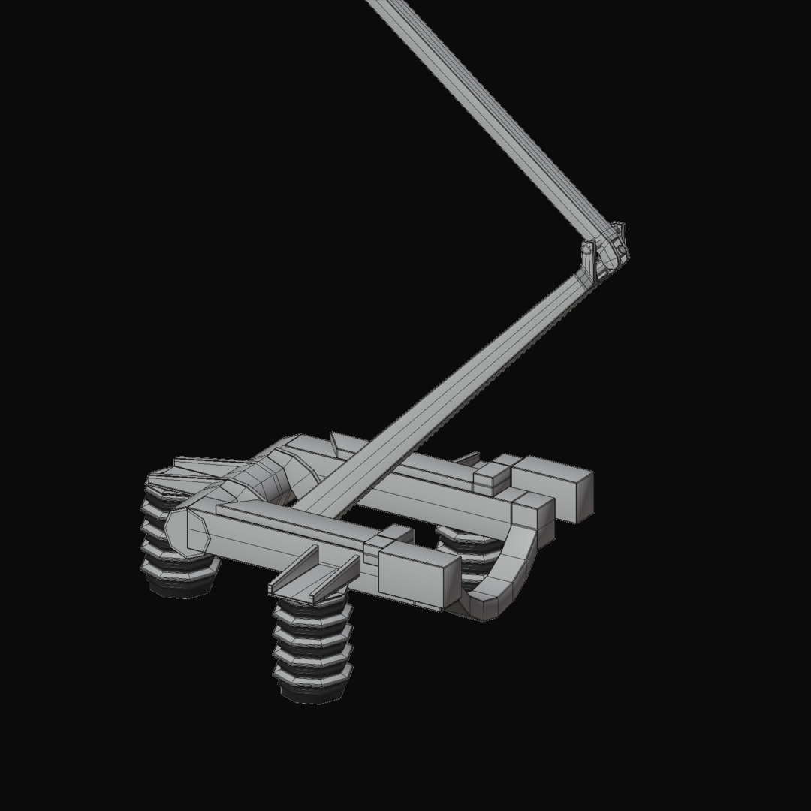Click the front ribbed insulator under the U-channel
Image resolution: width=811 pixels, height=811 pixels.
tap(312, 646)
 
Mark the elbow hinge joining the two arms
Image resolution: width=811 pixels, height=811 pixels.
tap(605, 252)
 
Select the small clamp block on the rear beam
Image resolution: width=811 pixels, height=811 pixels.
tap(491, 478)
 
